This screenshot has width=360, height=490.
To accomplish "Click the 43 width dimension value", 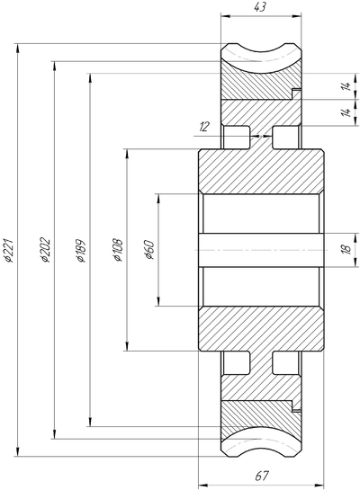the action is point(260,7).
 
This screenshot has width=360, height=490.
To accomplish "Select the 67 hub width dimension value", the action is point(262,476).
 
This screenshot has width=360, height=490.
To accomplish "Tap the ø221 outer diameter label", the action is point(8,250).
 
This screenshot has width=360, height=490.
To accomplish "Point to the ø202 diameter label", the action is point(45,250).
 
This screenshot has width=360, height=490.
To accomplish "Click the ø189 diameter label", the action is point(80,250).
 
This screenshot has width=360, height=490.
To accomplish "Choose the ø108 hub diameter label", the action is point(118,250).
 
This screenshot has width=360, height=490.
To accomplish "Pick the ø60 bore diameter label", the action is point(148,250).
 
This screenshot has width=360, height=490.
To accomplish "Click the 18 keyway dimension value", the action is point(347,249).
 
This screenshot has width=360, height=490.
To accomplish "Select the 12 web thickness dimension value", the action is point(204,127).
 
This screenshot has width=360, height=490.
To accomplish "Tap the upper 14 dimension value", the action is point(346,86).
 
